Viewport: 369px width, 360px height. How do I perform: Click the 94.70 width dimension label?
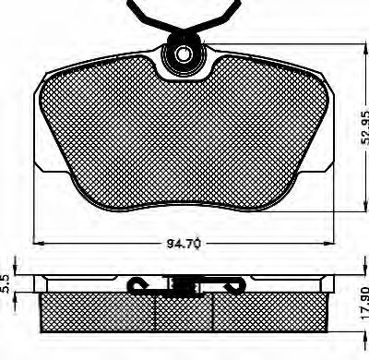[184, 244]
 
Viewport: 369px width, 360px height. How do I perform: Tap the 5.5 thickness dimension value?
[6, 283]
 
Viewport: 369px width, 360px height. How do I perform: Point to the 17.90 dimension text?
[363, 300]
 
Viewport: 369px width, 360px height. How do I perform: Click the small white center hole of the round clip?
[183, 54]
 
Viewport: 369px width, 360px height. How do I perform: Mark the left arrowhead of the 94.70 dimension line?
[39, 243]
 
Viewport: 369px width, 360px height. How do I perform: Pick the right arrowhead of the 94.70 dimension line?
[327, 243]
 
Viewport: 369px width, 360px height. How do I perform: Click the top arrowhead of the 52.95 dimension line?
[365, 50]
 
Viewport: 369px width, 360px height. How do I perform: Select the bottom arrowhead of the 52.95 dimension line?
[365, 205]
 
